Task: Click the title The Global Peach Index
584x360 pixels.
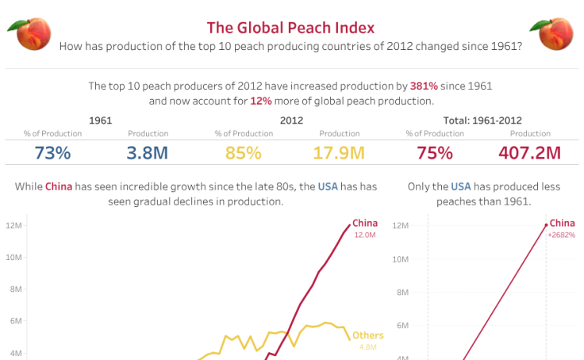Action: pyautogui.click(x=290, y=29)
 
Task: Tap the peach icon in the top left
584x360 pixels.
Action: pyautogui.click(x=29, y=33)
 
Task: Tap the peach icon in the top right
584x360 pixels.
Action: pyautogui.click(x=552, y=33)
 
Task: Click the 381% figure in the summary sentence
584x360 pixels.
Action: pyautogui.click(x=423, y=86)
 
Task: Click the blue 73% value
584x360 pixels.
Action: pyautogui.click(x=52, y=153)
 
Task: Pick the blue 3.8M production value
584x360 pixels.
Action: pyautogui.click(x=148, y=153)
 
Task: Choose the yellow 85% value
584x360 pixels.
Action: pyautogui.click(x=243, y=153)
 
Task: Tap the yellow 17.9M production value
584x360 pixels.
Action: pyautogui.click(x=339, y=153)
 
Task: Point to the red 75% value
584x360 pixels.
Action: pyautogui.click(x=434, y=153)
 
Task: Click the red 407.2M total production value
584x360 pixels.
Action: pyautogui.click(x=530, y=153)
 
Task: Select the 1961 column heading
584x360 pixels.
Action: pyautogui.click(x=100, y=121)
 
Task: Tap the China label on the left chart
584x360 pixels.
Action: pyautogui.click(x=365, y=223)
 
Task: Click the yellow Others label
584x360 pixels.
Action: pyautogui.click(x=367, y=335)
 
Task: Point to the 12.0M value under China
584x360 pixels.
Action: pyautogui.click(x=365, y=235)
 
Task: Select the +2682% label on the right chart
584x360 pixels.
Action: pyautogui.click(x=561, y=236)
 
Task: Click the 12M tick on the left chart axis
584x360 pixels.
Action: pyautogui.click(x=13, y=226)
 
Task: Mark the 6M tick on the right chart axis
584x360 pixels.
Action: pyautogui.click(x=401, y=325)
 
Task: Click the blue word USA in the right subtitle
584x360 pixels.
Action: pyautogui.click(x=460, y=186)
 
